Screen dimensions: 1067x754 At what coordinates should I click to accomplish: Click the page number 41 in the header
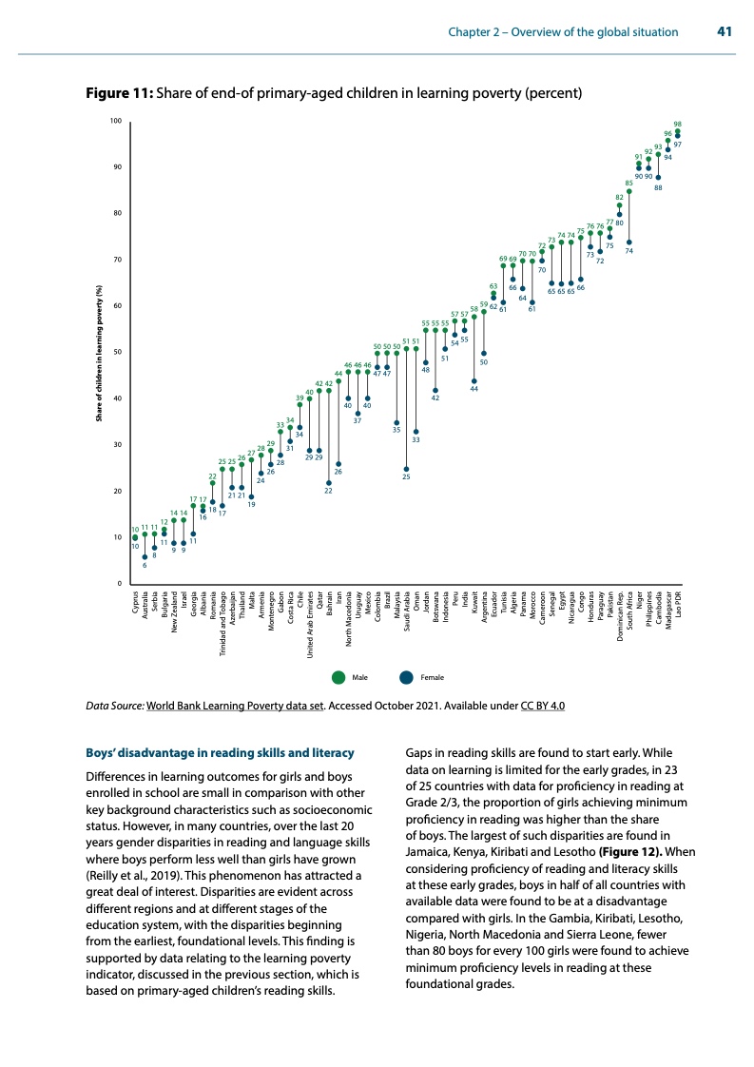click(x=723, y=32)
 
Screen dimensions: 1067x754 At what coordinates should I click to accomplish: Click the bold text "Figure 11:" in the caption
click(x=120, y=94)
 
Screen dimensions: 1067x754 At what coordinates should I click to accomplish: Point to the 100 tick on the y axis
click(x=114, y=122)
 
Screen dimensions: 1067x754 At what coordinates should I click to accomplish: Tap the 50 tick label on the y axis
click(x=116, y=353)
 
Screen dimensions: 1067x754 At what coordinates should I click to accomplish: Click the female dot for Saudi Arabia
click(x=406, y=469)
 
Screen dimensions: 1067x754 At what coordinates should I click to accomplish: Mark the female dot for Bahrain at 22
click(x=329, y=482)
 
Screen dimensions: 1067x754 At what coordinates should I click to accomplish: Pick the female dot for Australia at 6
click(x=145, y=556)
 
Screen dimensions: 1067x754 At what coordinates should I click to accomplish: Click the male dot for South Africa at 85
click(x=628, y=191)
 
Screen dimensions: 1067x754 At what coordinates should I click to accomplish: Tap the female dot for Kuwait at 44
click(x=474, y=380)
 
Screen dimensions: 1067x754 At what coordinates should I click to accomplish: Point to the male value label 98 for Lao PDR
click(x=677, y=125)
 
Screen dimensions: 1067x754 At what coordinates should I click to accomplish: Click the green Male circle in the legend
click(x=339, y=677)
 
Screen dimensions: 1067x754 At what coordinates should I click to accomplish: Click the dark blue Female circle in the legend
click(x=407, y=677)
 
